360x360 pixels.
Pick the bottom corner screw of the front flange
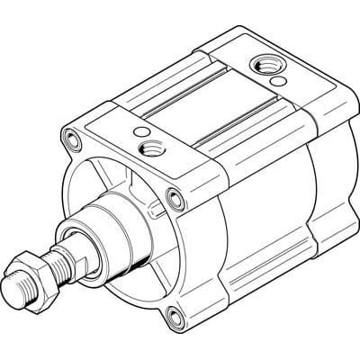[172, 314]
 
